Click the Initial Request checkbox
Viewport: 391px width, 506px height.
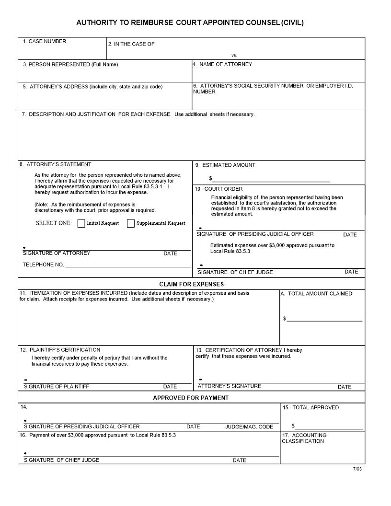81,223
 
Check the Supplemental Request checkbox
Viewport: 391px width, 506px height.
131,223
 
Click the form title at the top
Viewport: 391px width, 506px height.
190,23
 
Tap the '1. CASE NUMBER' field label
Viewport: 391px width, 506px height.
45,42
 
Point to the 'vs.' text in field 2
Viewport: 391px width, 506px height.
234,55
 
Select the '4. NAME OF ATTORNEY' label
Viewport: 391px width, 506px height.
222,64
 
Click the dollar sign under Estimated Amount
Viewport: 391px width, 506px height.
210,178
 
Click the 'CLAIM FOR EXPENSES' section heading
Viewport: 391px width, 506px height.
191,284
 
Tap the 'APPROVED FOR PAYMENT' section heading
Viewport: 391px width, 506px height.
191,398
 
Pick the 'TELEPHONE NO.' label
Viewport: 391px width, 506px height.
43,264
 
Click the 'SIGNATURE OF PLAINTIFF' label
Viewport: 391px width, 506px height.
57,386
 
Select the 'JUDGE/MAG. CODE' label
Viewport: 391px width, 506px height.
249,426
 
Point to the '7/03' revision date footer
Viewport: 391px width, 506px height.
357,469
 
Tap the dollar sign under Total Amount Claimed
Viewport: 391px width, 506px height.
285,319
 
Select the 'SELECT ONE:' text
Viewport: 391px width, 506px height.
54,223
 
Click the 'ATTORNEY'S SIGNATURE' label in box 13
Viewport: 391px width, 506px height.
230,386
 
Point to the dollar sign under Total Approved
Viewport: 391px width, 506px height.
293,426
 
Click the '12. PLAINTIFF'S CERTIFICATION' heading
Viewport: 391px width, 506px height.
60,350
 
